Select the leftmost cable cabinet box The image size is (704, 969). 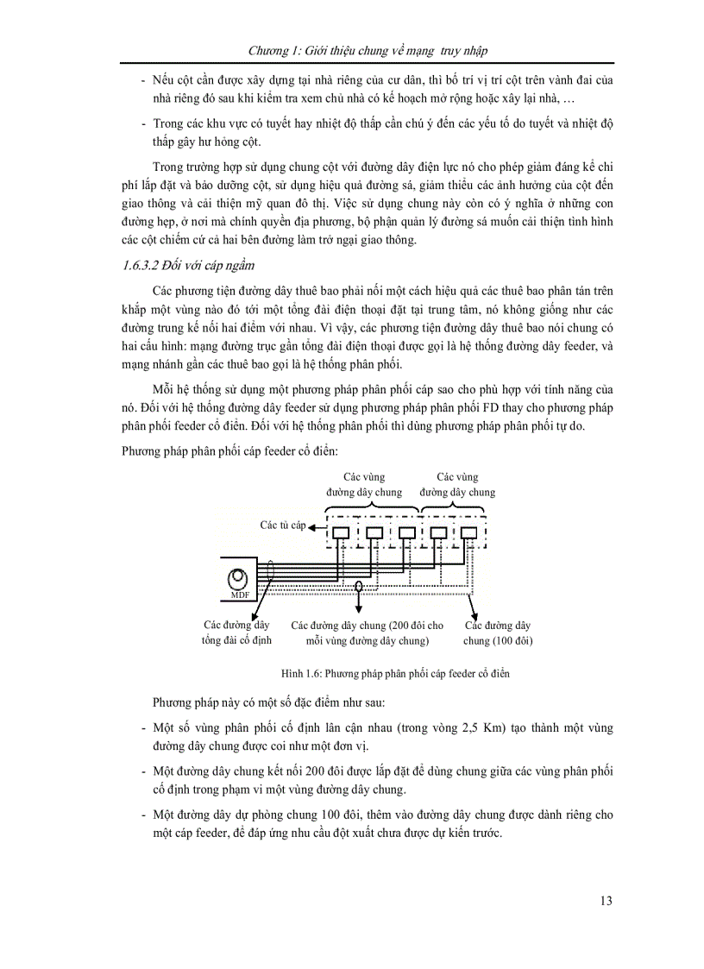[x=342, y=533]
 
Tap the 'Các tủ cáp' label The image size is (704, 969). [x=284, y=525]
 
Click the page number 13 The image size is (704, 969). [x=605, y=901]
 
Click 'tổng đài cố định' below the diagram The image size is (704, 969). [x=236, y=641]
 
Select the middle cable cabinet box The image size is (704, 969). [x=406, y=533]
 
